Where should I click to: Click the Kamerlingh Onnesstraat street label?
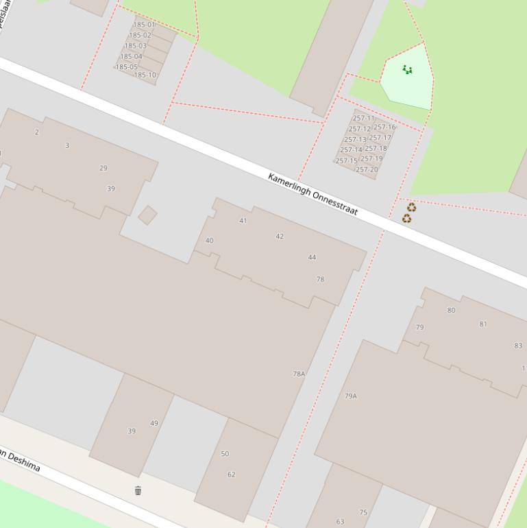[313, 195]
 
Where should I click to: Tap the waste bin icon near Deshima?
[138, 490]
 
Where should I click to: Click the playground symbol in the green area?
[407, 70]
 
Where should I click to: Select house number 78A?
[299, 374]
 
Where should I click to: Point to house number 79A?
[350, 396]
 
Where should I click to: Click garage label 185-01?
[144, 25]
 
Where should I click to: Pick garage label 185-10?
[145, 75]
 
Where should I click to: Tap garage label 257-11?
[363, 119]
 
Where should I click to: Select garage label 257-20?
[367, 170]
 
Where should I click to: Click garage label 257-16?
[384, 127]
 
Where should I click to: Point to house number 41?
[243, 221]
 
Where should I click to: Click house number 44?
[312, 258]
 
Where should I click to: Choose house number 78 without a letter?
[320, 280]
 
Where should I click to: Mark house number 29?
[103, 168]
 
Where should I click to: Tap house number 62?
[231, 475]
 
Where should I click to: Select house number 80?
[451, 311]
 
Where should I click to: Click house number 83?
[517, 346]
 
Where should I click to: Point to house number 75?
[363, 512]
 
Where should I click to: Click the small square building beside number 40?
[147, 215]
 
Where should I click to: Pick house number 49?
[154, 423]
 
